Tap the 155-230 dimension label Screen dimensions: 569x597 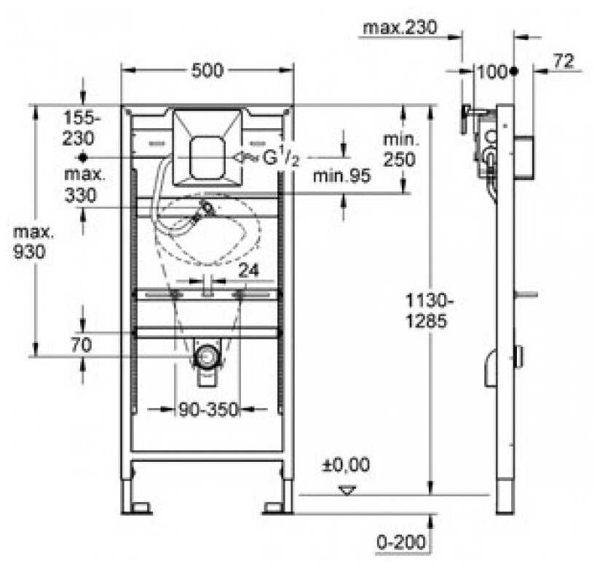(82, 127)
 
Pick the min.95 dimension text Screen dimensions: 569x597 (341, 176)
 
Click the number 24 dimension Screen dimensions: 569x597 (248, 270)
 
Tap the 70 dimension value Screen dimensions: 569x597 (82, 345)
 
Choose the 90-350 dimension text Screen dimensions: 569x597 (208, 410)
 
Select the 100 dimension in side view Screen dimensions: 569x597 (491, 71)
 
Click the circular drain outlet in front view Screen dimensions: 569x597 (208, 357)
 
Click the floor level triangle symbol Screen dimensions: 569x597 (347, 490)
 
